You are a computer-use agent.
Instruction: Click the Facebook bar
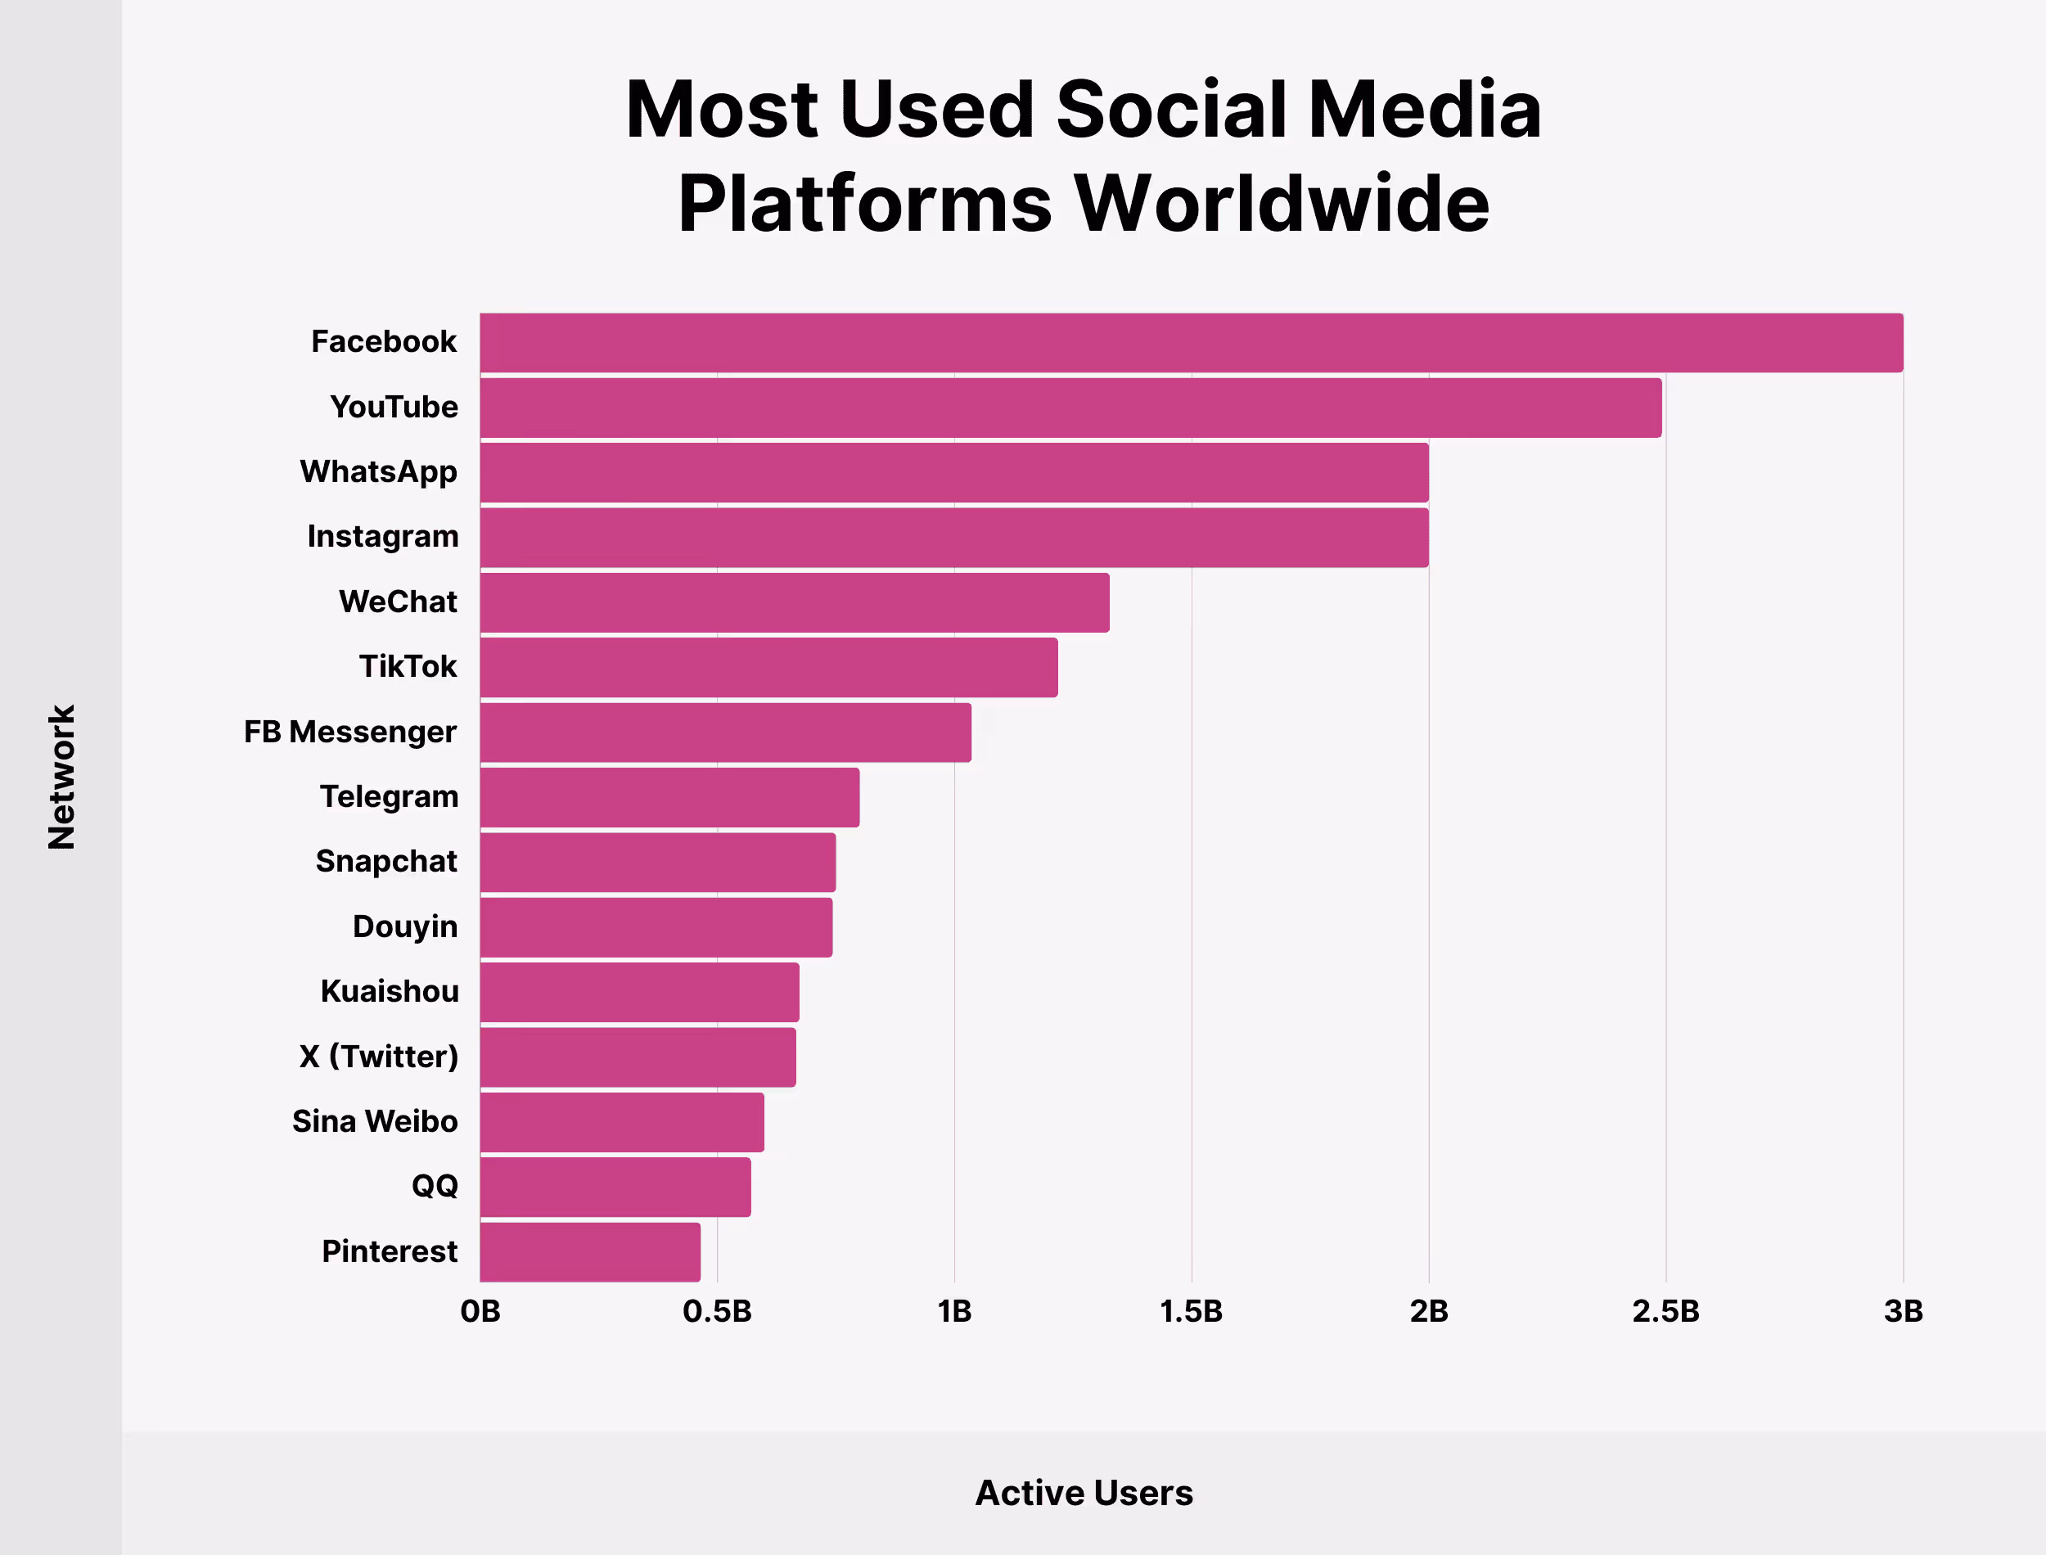click(x=1191, y=342)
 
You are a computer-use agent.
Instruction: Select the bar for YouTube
click(x=1070, y=408)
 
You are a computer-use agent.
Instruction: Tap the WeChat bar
click(x=794, y=602)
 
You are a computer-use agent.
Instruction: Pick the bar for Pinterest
click(x=590, y=1252)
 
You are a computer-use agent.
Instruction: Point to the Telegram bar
click(x=669, y=797)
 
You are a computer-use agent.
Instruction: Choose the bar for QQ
click(x=615, y=1187)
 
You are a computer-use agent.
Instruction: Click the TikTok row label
click(x=408, y=666)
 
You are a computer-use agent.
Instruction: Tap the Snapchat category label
click(x=386, y=862)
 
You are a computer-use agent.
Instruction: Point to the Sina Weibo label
click(x=375, y=1122)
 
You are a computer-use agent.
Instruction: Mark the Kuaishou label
click(x=390, y=991)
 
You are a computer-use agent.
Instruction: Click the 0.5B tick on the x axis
click(x=717, y=1312)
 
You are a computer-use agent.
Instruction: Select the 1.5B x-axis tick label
click(x=1191, y=1312)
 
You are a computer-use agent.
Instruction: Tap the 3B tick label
click(x=1904, y=1312)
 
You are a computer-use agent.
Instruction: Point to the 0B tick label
click(x=480, y=1312)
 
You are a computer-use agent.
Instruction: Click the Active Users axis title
click(x=1084, y=1493)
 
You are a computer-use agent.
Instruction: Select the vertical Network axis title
click(x=61, y=777)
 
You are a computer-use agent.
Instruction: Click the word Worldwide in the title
click(x=1282, y=204)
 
